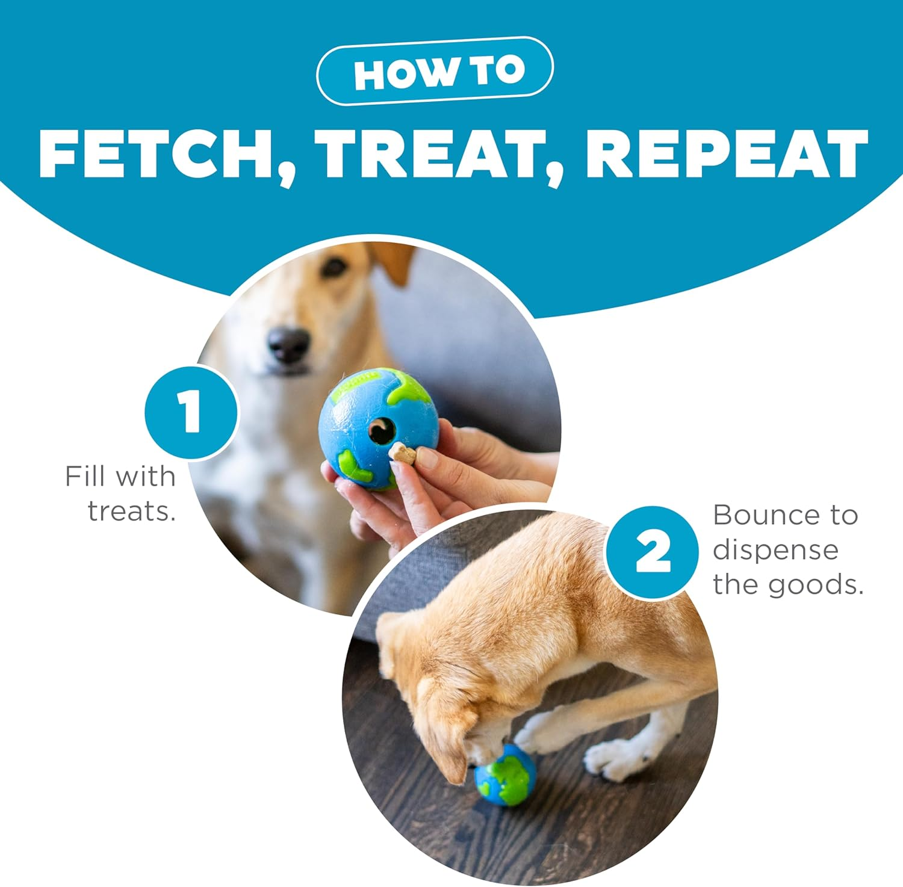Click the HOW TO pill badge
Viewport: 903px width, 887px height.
point(435,71)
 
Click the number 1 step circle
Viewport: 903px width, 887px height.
point(191,412)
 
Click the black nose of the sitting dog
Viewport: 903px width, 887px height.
point(288,344)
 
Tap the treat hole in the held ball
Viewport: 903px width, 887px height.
point(381,430)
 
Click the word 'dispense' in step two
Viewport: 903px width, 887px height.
point(775,550)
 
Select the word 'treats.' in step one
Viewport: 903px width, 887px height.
point(132,511)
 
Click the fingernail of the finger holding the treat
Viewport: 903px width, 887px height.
point(427,459)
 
